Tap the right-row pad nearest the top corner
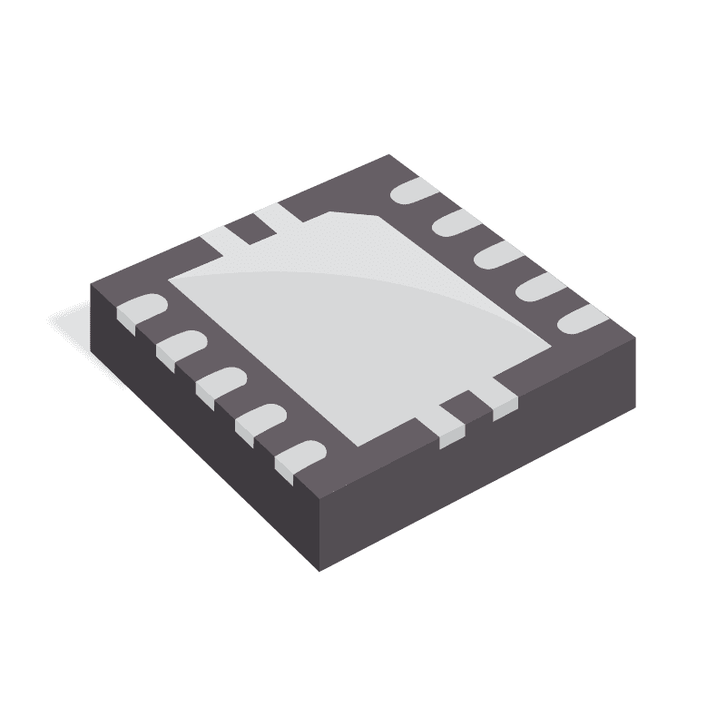pyautogui.click(x=414, y=193)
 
